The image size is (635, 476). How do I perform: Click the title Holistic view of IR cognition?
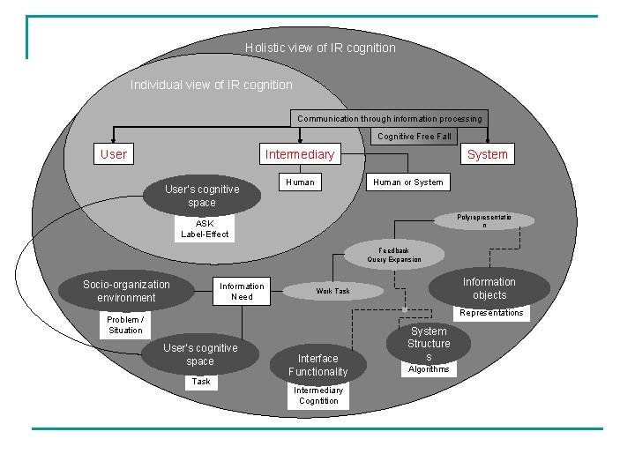pos(320,48)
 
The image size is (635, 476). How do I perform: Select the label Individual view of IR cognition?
pos(212,85)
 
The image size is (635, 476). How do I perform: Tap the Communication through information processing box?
pos(390,118)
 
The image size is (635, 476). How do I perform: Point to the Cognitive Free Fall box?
pos(415,137)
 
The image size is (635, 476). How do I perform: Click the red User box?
pos(114,154)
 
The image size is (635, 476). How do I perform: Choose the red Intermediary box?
pos(300,154)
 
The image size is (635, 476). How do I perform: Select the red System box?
pos(487,154)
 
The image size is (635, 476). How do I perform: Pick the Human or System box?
pos(407,182)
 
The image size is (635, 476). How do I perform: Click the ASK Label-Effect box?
pos(205,228)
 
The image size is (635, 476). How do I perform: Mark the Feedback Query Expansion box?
pos(394,255)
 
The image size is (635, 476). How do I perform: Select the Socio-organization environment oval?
pos(126,291)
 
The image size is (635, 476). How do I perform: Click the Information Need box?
pos(242,292)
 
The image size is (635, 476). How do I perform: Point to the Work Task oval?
pos(333,291)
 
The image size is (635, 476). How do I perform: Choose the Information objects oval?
pos(489,288)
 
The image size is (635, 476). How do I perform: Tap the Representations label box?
pos(491,313)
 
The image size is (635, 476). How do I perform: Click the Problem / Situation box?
pos(125,324)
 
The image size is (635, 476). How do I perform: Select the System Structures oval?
pos(429,342)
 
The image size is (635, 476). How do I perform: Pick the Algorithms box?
pos(429,369)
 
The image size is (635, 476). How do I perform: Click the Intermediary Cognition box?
pos(318,396)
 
